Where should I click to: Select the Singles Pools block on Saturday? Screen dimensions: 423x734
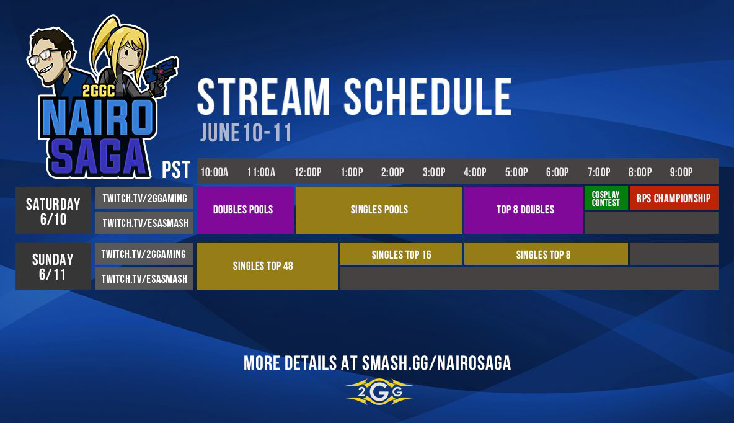[x=379, y=210]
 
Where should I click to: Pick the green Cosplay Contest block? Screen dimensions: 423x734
[x=606, y=198]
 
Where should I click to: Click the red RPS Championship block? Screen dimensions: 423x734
[x=673, y=198]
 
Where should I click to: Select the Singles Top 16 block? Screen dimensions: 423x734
[x=400, y=254]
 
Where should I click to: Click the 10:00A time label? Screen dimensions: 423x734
[x=214, y=172]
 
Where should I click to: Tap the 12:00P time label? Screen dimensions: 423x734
[x=308, y=172]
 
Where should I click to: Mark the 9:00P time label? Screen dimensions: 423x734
[x=681, y=172]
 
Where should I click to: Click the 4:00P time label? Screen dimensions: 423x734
[x=475, y=172]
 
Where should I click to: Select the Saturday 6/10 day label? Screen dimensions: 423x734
[x=53, y=210]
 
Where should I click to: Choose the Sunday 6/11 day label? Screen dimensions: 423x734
[x=53, y=266]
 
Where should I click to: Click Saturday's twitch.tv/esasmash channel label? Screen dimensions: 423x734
[x=144, y=223]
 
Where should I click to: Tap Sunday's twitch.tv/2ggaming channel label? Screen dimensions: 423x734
[x=144, y=254]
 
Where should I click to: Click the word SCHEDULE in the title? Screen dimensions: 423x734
[x=428, y=97]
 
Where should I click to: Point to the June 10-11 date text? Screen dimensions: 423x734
[x=245, y=133]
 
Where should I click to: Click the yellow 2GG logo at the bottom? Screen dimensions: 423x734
[x=379, y=392]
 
